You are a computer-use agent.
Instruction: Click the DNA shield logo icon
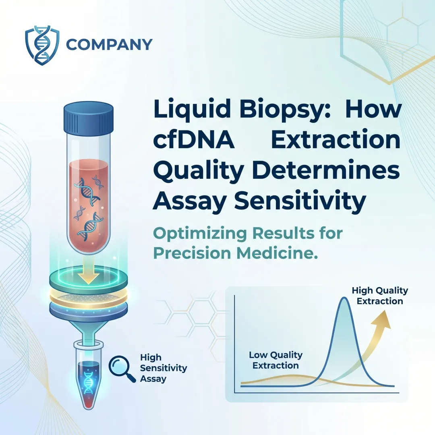click(42, 46)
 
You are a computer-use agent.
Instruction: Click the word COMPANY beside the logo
click(109, 44)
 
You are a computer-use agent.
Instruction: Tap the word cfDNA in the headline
click(194, 141)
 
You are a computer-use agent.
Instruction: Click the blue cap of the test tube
click(89, 114)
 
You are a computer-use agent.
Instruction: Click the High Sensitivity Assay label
click(163, 368)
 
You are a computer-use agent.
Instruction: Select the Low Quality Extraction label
click(276, 360)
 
